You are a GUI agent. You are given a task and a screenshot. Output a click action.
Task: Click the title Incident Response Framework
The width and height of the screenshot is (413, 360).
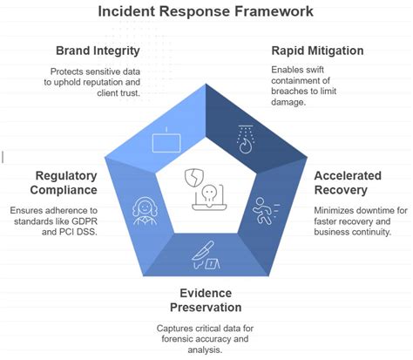pos(206,12)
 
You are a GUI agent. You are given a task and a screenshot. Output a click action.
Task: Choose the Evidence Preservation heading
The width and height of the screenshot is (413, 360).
pos(206,300)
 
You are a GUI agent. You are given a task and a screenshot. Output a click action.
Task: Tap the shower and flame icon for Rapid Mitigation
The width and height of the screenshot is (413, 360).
pos(247,138)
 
